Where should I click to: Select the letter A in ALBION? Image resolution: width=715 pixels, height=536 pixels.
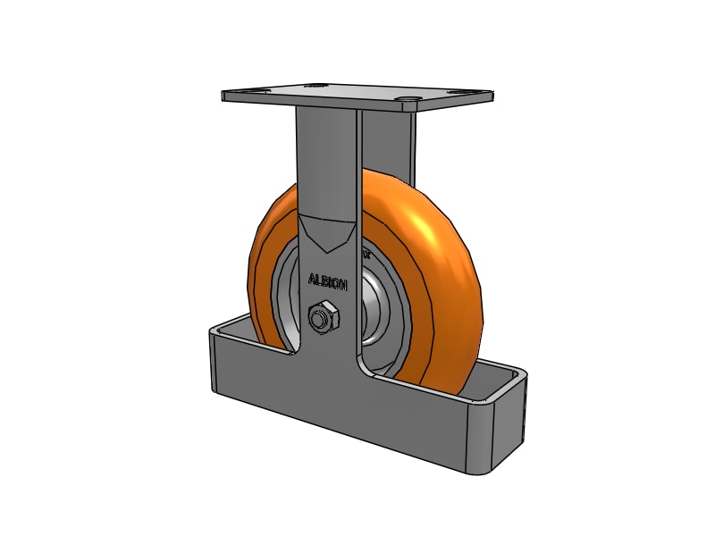click(x=311, y=279)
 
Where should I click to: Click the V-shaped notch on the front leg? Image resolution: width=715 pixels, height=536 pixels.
click(x=328, y=234)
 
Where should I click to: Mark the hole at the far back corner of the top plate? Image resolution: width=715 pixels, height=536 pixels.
click(x=314, y=86)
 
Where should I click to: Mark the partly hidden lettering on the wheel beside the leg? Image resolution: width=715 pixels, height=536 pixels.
click(x=366, y=255)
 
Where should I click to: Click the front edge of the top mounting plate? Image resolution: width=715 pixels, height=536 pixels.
click(x=357, y=105)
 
